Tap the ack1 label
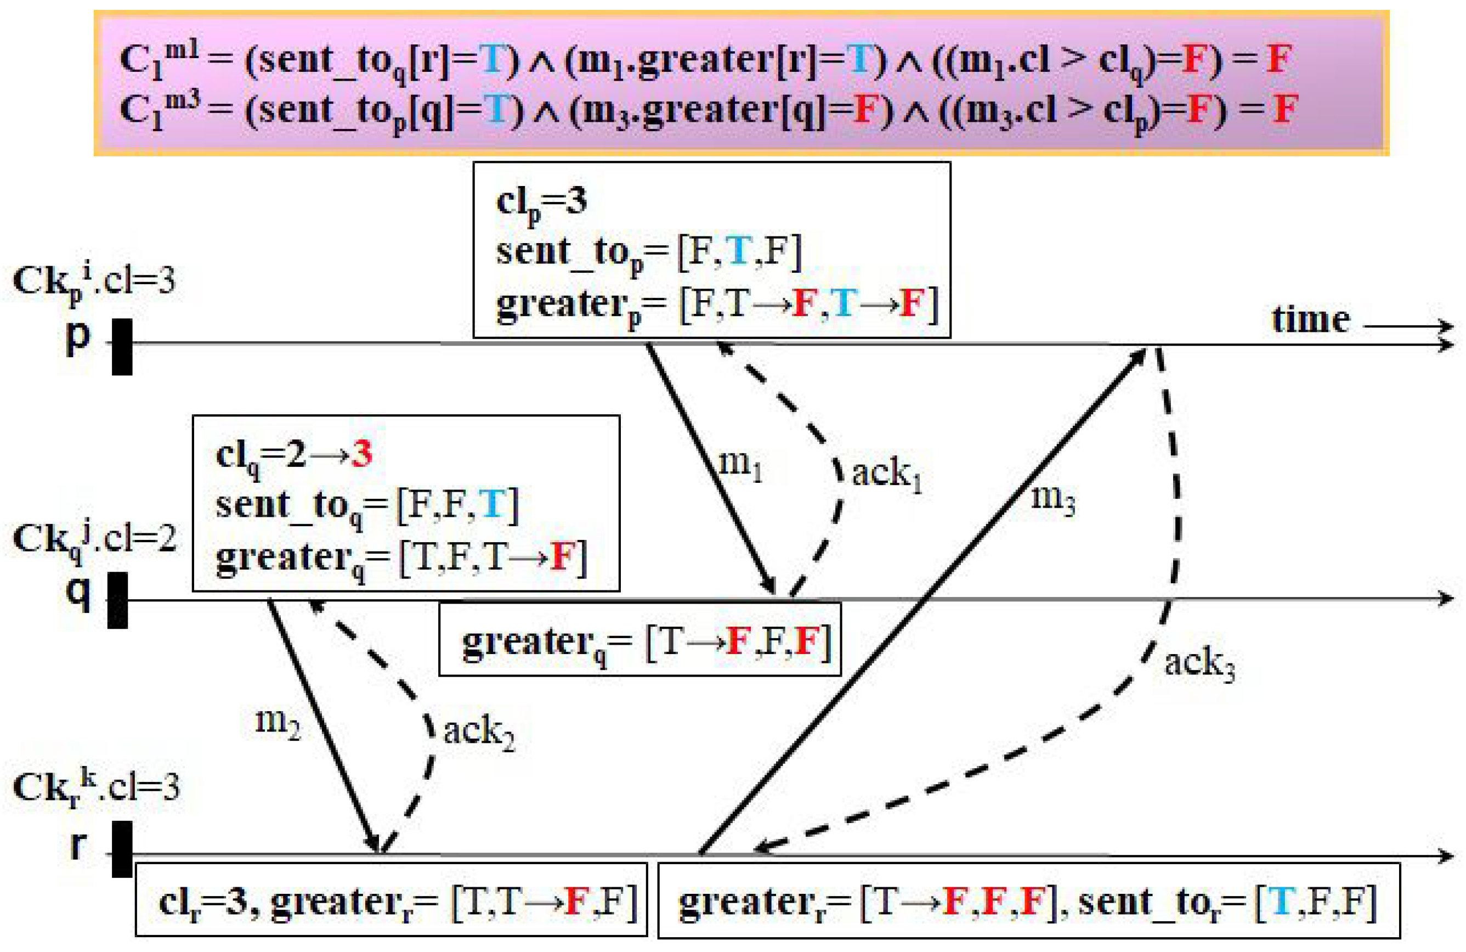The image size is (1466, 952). pyautogui.click(x=886, y=475)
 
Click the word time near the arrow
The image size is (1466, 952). pyautogui.click(x=1310, y=320)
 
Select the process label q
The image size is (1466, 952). pyautogui.click(x=78, y=593)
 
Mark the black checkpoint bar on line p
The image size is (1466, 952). pyautogui.click(x=122, y=346)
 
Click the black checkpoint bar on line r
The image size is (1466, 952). pyautogui.click(x=122, y=848)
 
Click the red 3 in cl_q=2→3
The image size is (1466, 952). pyautogui.click(x=362, y=455)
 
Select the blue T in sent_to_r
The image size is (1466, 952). pyautogui.click(x=1282, y=902)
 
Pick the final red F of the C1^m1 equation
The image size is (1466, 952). pyautogui.click(x=1278, y=60)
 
